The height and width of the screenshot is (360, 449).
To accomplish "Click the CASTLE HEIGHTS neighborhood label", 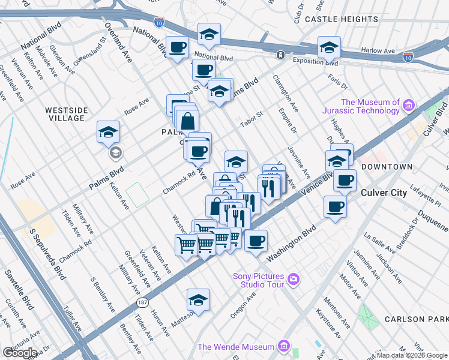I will tap(340, 19).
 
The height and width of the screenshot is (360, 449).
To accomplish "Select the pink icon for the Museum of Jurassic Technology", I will tap(409, 106).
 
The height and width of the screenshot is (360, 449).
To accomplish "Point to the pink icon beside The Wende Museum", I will tap(284, 347).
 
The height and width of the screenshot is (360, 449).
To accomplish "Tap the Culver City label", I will tap(384, 193).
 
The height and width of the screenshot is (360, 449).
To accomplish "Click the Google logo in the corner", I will tap(20, 352).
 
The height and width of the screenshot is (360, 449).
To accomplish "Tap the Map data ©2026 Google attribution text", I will tap(412, 355).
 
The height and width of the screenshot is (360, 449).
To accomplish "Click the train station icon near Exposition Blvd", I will tap(280, 55).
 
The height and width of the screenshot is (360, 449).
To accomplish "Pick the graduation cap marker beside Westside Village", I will tap(109, 133).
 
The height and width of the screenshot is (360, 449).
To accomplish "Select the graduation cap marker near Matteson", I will tap(198, 300).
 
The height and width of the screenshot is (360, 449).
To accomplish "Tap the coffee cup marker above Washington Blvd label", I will tap(256, 241).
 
